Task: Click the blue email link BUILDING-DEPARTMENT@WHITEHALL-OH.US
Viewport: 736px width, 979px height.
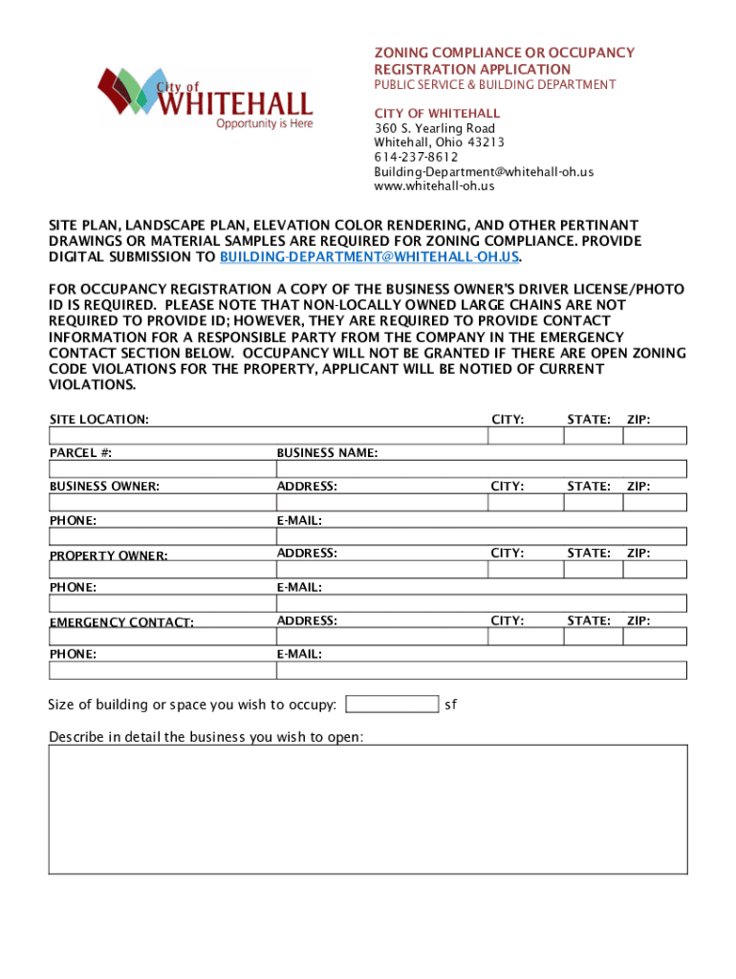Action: (x=370, y=257)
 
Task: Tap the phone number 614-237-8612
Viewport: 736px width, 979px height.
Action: (x=416, y=157)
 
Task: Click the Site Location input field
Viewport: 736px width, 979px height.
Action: (x=267, y=435)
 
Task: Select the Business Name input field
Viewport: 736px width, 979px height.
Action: (x=481, y=468)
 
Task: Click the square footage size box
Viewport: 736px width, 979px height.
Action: (x=392, y=705)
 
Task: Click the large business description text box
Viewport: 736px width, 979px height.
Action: (x=368, y=809)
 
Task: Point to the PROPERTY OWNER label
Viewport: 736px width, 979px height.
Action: (x=108, y=555)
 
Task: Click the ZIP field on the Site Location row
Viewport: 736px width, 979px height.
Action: (x=655, y=435)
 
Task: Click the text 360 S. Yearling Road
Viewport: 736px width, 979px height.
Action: (x=434, y=128)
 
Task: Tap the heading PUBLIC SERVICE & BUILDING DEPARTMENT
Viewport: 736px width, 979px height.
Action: (x=494, y=85)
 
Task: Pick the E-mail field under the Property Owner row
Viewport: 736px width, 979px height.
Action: (x=481, y=603)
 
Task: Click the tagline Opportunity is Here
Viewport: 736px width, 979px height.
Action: (x=264, y=123)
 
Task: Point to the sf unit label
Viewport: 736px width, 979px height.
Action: (x=451, y=705)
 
